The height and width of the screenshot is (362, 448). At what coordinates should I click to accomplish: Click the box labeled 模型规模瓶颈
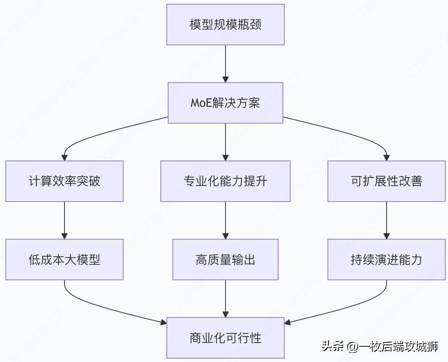[x=225, y=25]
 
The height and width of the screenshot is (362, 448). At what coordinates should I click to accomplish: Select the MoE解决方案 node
[x=225, y=103]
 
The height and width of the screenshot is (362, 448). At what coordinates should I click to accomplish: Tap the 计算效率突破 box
[x=64, y=181]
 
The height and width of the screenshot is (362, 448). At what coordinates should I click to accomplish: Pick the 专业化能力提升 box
[x=225, y=181]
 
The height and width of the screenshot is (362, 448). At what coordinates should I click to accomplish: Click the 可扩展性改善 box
[x=386, y=181]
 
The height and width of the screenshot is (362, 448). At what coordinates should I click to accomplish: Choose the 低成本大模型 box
[x=64, y=260]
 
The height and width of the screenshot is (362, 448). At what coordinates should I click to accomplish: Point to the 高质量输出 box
[x=225, y=260]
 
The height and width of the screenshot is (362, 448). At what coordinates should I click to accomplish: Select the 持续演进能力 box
[x=386, y=260]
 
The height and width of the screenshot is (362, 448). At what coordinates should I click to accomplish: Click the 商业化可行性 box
[x=225, y=338]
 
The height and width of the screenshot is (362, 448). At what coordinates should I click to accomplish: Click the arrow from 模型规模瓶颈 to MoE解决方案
[x=225, y=63]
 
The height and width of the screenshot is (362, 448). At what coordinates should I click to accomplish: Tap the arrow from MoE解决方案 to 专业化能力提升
[x=225, y=141]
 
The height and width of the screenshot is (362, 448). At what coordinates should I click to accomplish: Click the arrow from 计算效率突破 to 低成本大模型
[x=64, y=220]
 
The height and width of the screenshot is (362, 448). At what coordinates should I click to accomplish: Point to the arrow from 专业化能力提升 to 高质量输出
[x=225, y=220]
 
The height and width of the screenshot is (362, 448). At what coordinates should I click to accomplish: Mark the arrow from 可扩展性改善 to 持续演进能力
[x=386, y=220]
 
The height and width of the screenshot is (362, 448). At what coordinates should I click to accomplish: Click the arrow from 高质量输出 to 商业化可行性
[x=225, y=298]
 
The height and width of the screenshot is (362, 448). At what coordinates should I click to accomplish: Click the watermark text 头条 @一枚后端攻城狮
[x=379, y=346]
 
